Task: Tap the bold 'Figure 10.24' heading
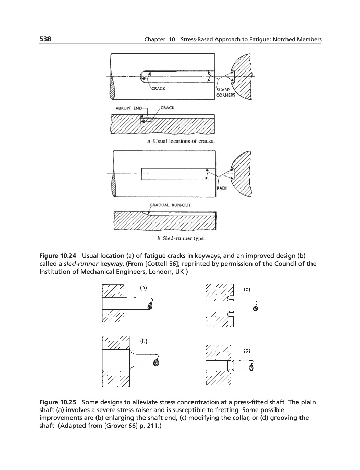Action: click(x=58, y=255)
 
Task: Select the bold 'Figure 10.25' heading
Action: click(x=58, y=403)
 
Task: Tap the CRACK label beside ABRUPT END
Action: click(x=167, y=108)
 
